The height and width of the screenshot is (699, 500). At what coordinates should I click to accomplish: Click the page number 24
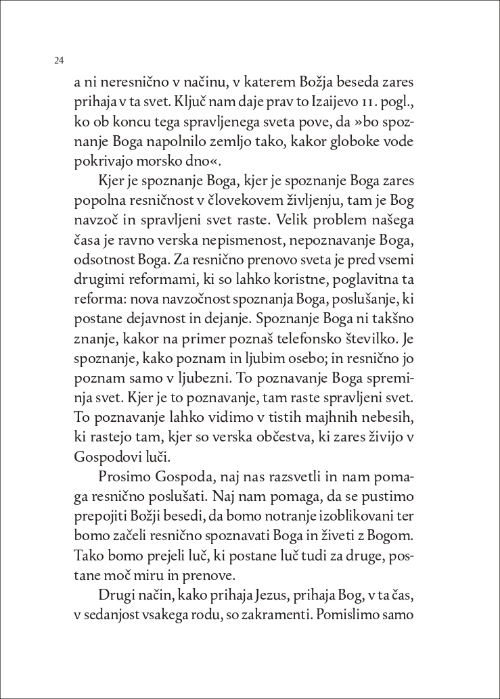pyautogui.click(x=59, y=60)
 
